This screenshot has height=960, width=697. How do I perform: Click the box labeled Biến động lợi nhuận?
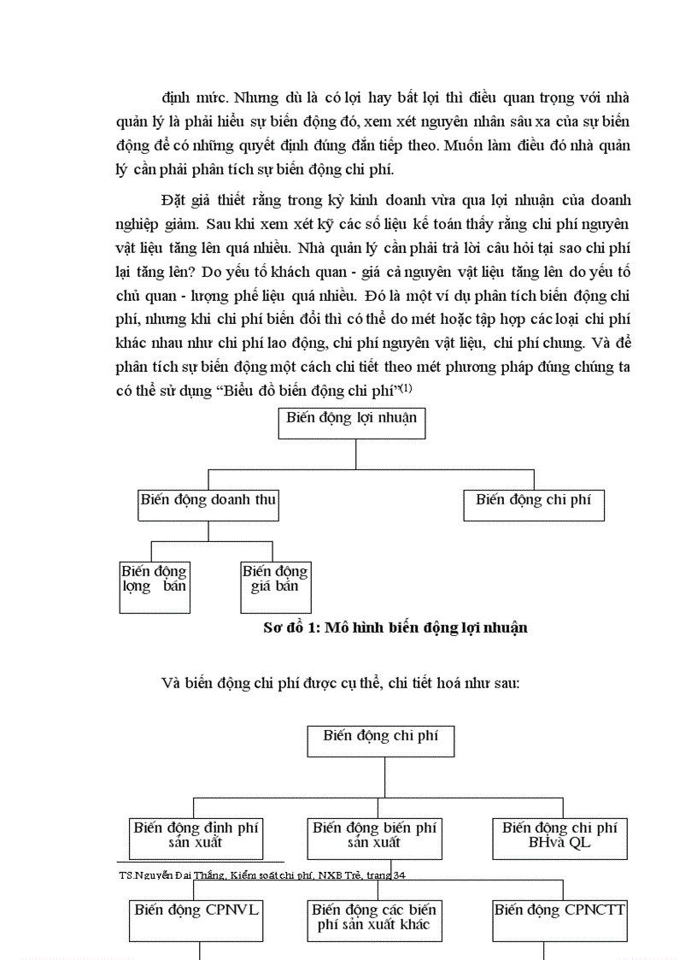pos(351,423)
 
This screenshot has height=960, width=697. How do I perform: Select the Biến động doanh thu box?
pos(208,504)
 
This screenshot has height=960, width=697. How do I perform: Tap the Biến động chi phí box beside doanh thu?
pos(533,504)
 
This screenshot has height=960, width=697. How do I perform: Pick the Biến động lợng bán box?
pos(154,586)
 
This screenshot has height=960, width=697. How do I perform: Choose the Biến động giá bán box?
pos(275,586)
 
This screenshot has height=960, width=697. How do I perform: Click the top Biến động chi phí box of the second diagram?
pos(380,740)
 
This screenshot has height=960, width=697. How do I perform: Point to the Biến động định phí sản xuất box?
pos(196,838)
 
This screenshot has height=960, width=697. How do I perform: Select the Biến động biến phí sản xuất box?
pos(374,838)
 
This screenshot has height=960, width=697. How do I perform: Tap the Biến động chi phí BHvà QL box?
pos(559,838)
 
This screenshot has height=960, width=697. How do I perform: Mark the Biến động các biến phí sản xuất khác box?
pos(374,919)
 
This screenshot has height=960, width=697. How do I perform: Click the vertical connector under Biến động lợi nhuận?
pos(352,454)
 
